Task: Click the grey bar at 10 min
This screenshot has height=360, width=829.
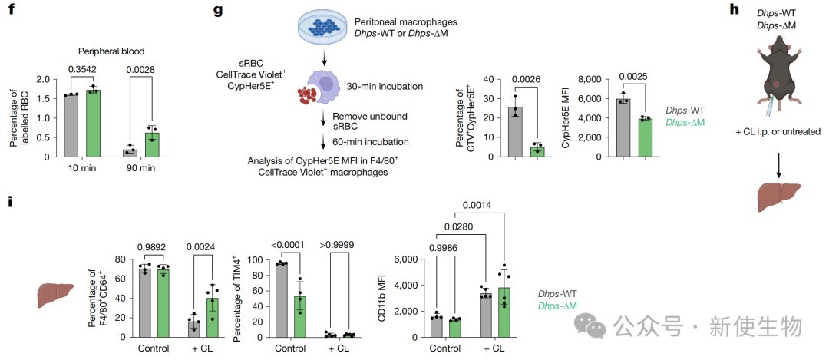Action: coord(71,126)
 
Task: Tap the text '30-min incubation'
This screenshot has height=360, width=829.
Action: coord(389,85)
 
